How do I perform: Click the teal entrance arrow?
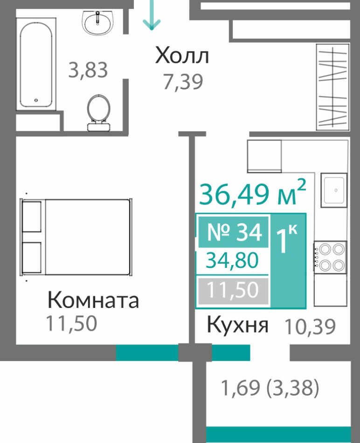click(x=152, y=15)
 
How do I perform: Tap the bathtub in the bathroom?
click(x=36, y=64)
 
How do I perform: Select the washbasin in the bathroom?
click(x=97, y=23)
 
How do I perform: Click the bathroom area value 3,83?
click(x=88, y=70)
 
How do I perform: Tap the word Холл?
click(x=182, y=55)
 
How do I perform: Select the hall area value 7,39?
click(x=183, y=82)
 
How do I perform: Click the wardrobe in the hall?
click(x=332, y=87)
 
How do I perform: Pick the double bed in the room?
click(x=76, y=237)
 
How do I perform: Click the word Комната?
click(x=93, y=300)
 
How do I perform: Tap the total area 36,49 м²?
click(x=253, y=193)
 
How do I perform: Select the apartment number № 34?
click(x=235, y=232)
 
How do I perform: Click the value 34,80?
click(x=232, y=260)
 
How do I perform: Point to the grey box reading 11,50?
click(x=233, y=290)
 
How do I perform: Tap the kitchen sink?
click(x=334, y=190)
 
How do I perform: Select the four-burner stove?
click(x=330, y=257)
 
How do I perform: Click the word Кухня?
click(x=237, y=325)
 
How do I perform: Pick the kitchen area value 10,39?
click(x=310, y=327)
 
